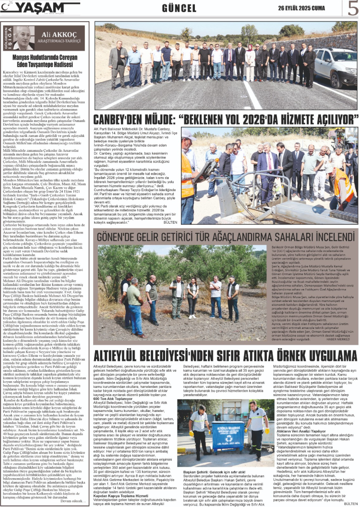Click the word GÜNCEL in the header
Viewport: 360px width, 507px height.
coord(179,8)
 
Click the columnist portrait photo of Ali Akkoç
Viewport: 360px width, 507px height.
coord(14,40)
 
